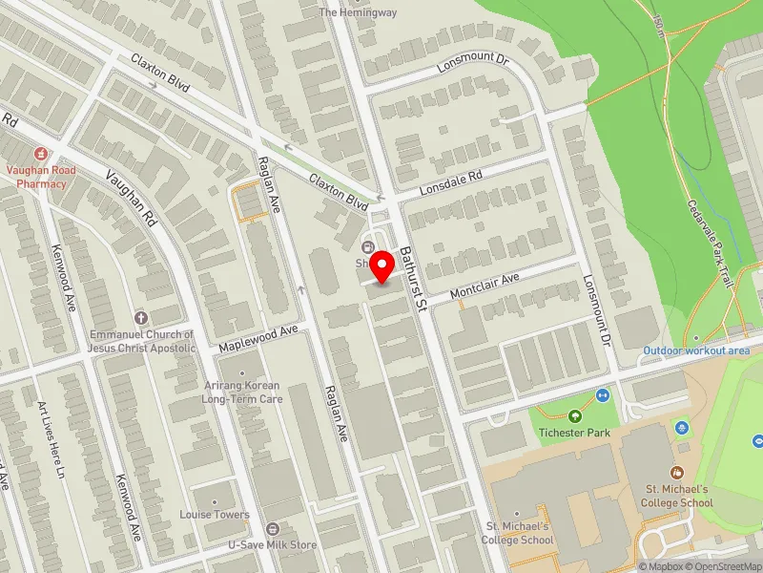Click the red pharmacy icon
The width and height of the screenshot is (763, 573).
[x=40, y=153]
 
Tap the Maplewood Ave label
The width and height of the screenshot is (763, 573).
[x=258, y=337]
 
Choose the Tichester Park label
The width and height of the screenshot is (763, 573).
[x=574, y=433]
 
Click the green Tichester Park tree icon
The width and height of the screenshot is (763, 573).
[x=574, y=415]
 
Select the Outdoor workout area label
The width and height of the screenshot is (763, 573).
[x=695, y=350]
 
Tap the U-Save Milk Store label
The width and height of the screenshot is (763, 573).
[x=272, y=545]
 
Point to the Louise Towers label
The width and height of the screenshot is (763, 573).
[x=215, y=515]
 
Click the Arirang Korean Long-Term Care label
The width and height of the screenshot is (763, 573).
[x=241, y=392]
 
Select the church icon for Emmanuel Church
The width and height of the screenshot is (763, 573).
[x=141, y=317]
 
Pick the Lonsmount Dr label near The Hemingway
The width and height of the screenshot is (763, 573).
[x=475, y=64]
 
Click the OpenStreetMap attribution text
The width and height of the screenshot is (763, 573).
[x=726, y=566]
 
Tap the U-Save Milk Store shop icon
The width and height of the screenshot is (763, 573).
[x=273, y=529]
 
